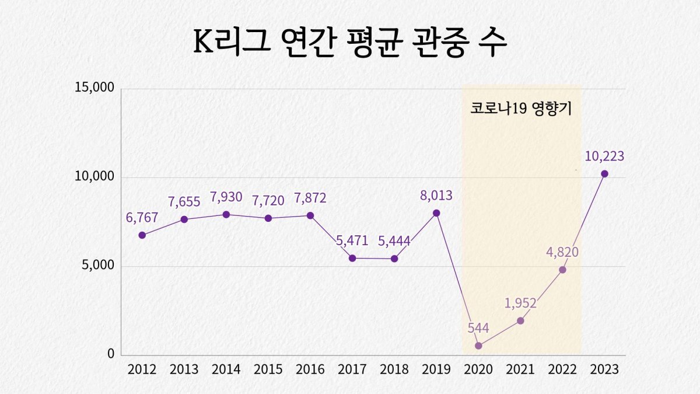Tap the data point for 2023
pos(604,173)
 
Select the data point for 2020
pos(478,346)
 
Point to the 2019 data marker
pos(436,213)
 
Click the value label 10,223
pos(604,156)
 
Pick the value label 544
pos(478,327)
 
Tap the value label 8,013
pos(436,196)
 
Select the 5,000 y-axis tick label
pos(96,266)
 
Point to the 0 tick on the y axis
pos(110,354)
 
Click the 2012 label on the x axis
pos(142,369)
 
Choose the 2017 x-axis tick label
pos(352,369)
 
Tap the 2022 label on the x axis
pos(562,369)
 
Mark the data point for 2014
pos(226,214)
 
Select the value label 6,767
pos(142,218)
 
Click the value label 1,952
pos(520,303)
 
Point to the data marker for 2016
pos(310,215)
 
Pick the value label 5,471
pos(352,240)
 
